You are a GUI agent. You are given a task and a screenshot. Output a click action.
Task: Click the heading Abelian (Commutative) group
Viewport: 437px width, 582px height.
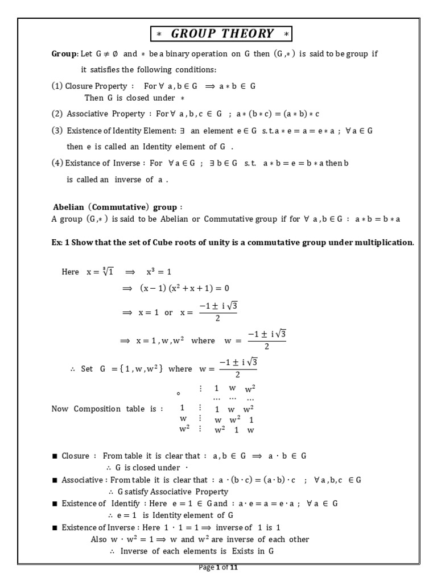118,207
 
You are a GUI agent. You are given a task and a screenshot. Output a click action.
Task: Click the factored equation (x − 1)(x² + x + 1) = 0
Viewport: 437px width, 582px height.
184,288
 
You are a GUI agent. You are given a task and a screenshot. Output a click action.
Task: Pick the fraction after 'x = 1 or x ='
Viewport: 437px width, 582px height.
217,311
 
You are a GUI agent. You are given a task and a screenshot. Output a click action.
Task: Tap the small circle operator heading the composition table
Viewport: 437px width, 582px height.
179,393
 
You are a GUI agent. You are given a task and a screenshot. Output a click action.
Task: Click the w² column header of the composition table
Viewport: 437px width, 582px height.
250,389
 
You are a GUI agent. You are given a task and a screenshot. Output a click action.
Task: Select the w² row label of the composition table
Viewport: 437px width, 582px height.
184,429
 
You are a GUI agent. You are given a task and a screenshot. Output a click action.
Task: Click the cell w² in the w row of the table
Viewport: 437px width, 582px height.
235,419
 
